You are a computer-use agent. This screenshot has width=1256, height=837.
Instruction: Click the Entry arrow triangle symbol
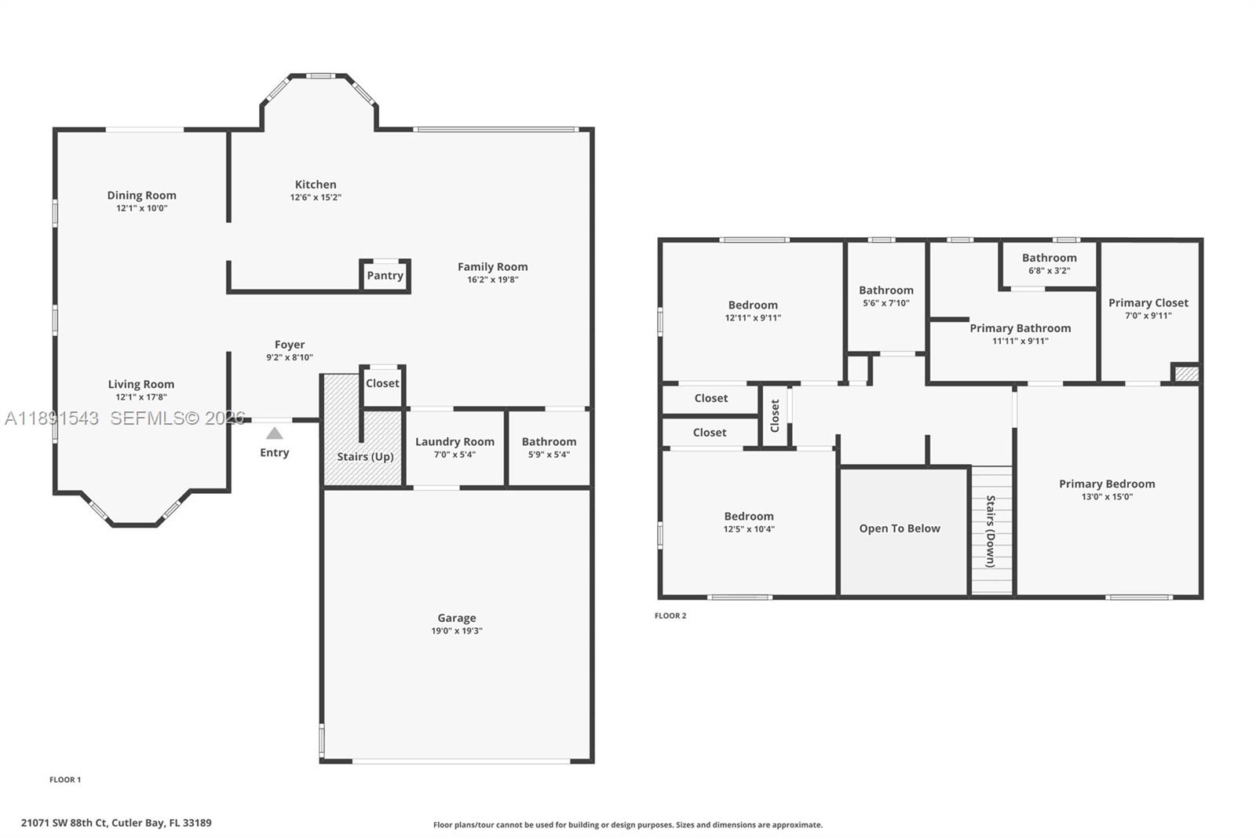pos(274,433)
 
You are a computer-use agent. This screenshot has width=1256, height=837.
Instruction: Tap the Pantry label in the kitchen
pos(385,276)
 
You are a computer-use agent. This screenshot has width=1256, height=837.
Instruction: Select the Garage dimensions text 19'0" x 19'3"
pos(457,631)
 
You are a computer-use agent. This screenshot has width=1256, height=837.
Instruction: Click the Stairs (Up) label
pos(365,457)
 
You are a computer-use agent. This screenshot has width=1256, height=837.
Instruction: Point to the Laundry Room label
pos(455,442)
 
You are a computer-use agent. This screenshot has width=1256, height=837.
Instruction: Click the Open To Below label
pos(900,528)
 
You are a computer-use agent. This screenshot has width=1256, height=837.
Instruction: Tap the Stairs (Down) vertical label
pos(991,532)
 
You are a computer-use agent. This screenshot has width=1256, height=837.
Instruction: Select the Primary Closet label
pos(1148,303)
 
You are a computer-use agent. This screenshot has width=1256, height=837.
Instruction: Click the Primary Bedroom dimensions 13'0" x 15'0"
pos(1107,497)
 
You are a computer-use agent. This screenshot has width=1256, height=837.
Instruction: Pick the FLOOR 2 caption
pos(670,616)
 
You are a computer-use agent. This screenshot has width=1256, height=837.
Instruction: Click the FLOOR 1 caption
pos(65,780)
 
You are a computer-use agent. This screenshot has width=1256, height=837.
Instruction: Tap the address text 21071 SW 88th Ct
pos(64,823)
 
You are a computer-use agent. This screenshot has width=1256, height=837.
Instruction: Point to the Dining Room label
pos(142,196)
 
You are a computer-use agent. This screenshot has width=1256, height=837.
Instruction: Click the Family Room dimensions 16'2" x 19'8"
pos(493,280)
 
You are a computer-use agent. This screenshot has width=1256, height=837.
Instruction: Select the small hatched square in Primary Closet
pos(1186,373)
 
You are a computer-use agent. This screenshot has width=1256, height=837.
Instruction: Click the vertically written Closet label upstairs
pos(775,415)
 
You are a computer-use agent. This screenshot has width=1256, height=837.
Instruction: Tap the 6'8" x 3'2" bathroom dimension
pos(1049,271)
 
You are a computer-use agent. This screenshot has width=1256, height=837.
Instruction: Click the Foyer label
pos(290,345)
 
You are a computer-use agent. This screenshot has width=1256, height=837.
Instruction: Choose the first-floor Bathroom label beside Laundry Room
pos(549,442)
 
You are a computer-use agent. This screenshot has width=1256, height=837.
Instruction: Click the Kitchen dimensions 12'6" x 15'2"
pos(316,198)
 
